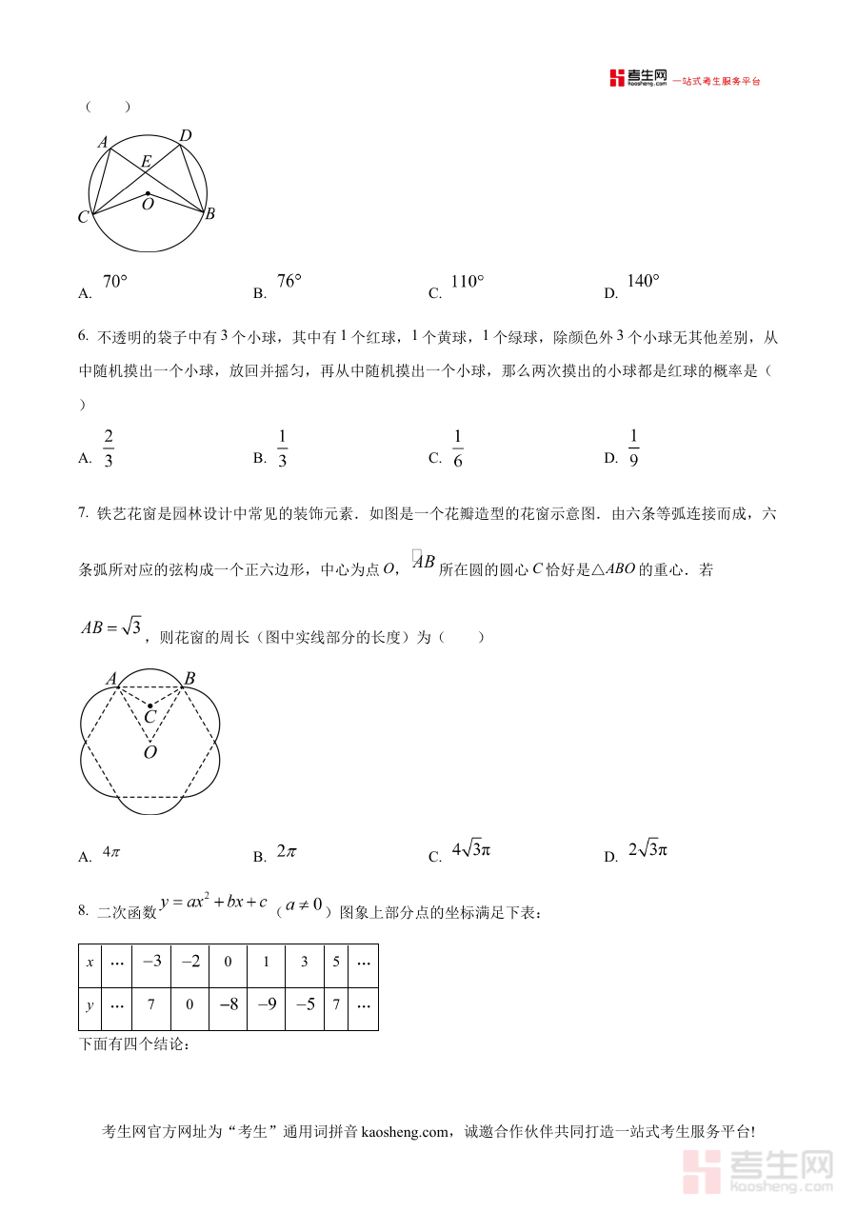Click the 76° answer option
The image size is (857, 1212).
click(289, 281)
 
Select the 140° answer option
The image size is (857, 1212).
click(644, 281)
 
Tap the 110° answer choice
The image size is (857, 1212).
click(468, 282)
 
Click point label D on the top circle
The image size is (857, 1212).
click(186, 136)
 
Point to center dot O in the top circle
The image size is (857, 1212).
click(148, 193)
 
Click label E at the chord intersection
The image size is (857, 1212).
click(146, 162)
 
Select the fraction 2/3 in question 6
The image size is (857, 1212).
click(109, 448)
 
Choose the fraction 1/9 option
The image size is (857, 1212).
click(633, 448)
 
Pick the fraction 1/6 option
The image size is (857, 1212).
click(457, 448)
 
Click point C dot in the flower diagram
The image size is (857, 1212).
click(149, 705)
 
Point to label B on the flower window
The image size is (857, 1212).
click(189, 679)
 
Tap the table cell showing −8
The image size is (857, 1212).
click(228, 1008)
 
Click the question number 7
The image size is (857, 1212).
click(83, 514)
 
